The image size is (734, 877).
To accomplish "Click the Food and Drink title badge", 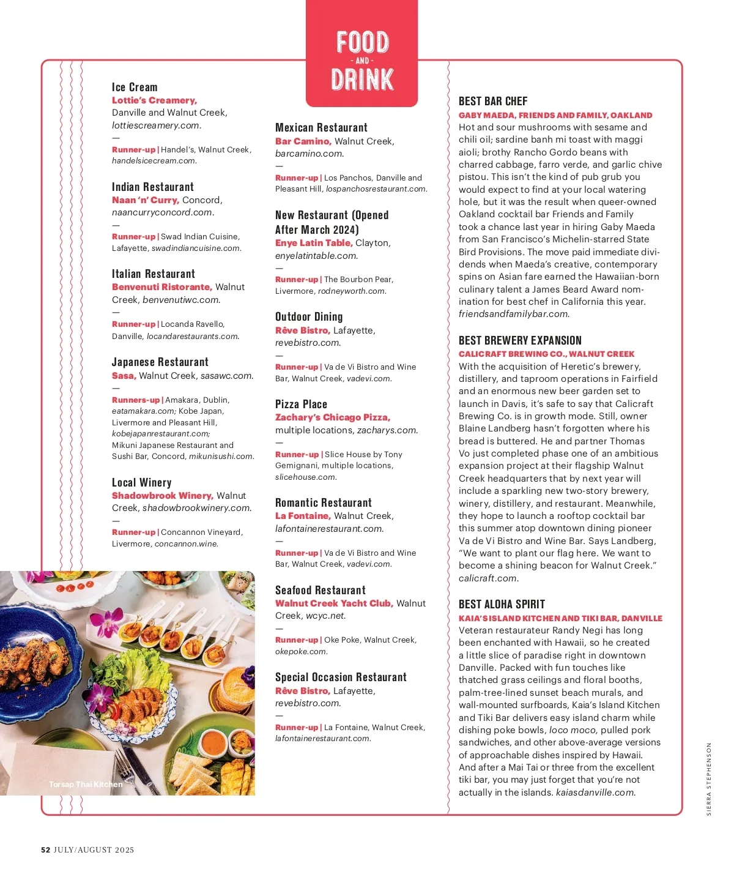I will click(362, 60).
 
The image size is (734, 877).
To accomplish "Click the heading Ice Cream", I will click(135, 87).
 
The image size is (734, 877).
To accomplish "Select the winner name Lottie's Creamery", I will click(154, 100).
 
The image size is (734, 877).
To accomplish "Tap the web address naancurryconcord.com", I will click(162, 212).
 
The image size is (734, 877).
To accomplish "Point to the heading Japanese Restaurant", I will click(160, 362).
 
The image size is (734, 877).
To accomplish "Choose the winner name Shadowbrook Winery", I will click(162, 496).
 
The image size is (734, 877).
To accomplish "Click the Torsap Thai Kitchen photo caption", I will click(86, 784).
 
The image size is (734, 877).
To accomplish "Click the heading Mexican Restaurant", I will click(321, 127).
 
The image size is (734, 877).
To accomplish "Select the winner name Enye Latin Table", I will click(314, 243).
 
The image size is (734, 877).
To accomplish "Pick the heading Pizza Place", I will click(301, 404).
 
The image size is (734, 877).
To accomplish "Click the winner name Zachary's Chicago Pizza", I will click(333, 417).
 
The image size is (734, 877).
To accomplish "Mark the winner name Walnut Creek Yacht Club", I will click(334, 603).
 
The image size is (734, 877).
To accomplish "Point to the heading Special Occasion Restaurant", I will click(341, 677).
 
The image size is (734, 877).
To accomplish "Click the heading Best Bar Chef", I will click(493, 101).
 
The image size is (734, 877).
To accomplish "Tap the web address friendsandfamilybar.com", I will click(514, 314).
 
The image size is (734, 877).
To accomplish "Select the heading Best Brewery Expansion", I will click(520, 340).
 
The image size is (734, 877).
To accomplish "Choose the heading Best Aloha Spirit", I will click(502, 604).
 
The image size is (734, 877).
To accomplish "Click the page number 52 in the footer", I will click(45, 849).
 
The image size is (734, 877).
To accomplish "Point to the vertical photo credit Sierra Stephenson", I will click(709, 778).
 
